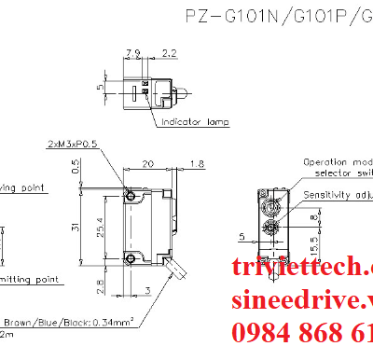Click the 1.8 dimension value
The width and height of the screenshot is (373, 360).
click(197, 164)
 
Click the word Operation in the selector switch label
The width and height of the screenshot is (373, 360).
click(326, 161)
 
